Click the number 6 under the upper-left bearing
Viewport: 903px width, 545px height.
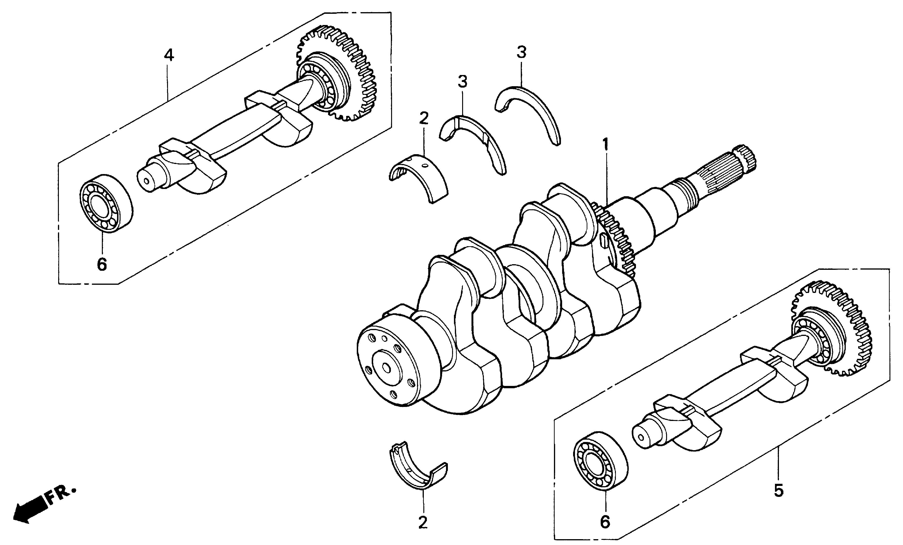pyautogui.click(x=102, y=264)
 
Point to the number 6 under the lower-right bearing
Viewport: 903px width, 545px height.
pyautogui.click(x=605, y=522)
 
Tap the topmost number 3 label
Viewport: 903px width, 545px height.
pyautogui.click(x=521, y=52)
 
